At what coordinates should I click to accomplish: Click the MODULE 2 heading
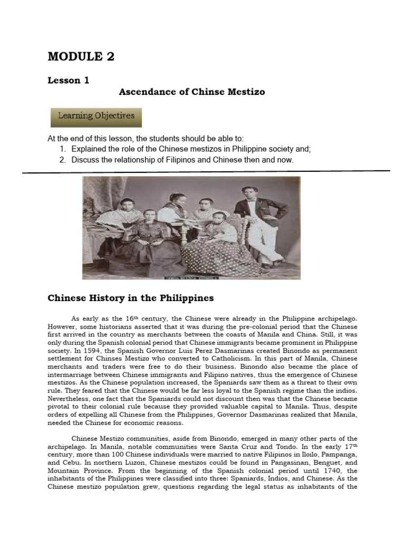click(81, 56)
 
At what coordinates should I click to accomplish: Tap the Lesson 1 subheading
click(69, 80)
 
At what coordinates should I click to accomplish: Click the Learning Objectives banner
click(96, 116)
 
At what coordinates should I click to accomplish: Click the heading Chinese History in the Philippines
click(131, 298)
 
